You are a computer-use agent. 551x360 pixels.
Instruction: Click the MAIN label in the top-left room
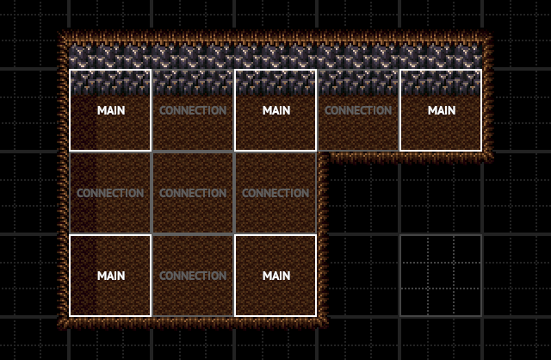(x=110, y=110)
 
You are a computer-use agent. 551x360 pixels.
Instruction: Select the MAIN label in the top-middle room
(x=275, y=110)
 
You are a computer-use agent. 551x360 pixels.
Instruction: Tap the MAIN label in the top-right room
(x=441, y=110)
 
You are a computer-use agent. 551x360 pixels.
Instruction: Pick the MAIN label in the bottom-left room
(x=110, y=276)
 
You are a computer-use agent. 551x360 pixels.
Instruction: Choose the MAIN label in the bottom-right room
(x=275, y=276)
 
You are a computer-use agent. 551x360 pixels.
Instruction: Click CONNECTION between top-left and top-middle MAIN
(x=193, y=110)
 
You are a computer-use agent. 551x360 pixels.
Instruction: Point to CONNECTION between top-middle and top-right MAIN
(x=358, y=110)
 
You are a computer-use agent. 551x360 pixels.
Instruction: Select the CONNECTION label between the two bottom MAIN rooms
(x=193, y=276)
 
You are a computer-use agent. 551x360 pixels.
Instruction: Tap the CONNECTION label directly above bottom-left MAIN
(x=110, y=193)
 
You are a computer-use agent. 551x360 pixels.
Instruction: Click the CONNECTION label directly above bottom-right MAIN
(x=275, y=193)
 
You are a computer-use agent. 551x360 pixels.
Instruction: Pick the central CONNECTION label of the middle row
(x=193, y=193)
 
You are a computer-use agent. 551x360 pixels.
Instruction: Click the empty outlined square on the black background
(x=441, y=276)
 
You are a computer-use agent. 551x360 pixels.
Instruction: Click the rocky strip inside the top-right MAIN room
(x=441, y=82)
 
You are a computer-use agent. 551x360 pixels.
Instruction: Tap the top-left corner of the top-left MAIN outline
(x=70, y=70)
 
